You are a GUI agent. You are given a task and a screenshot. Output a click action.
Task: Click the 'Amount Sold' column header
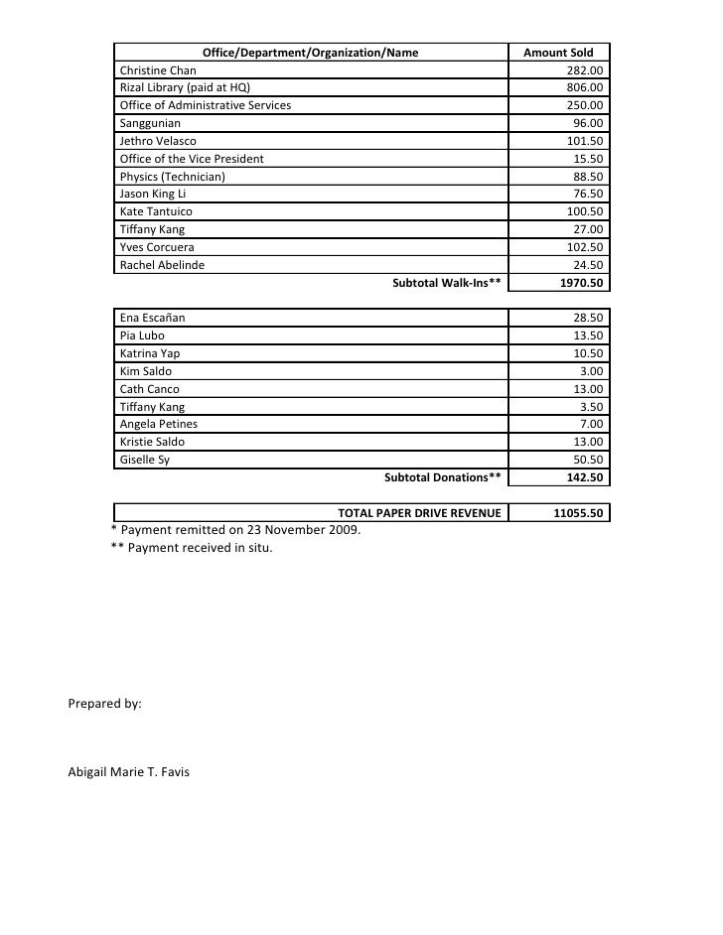pyautogui.click(x=558, y=53)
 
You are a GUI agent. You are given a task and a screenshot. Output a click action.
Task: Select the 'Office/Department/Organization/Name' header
pyautogui.click(x=310, y=53)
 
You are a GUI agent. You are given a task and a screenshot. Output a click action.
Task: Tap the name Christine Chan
pyautogui.click(x=158, y=70)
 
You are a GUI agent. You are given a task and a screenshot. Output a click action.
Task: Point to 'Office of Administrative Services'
pyautogui.click(x=206, y=106)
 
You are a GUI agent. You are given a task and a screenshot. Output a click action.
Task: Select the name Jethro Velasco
pyautogui.click(x=158, y=142)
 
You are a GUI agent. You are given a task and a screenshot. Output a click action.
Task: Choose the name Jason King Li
pyautogui.click(x=153, y=195)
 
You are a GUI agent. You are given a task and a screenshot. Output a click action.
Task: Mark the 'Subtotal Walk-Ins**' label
pyautogui.click(x=447, y=283)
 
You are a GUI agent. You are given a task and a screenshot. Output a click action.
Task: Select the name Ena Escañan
pyautogui.click(x=152, y=318)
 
